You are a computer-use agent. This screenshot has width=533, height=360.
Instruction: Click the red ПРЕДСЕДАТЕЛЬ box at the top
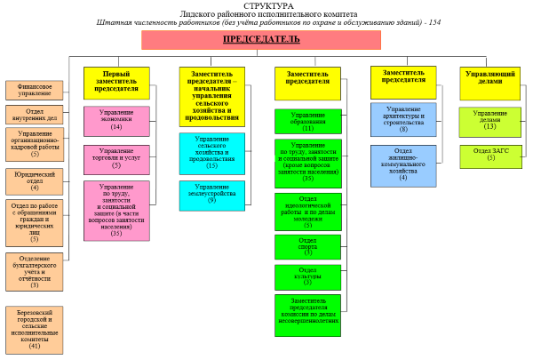[x=260, y=40]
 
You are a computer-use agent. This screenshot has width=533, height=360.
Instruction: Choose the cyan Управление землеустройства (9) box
[x=211, y=196]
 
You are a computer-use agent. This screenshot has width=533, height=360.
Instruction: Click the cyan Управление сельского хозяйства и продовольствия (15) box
[x=211, y=153]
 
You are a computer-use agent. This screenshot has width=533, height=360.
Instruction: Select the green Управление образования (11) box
[x=307, y=122]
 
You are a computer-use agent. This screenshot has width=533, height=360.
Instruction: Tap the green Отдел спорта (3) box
[x=307, y=245]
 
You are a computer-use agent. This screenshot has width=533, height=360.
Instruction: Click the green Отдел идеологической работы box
[x=307, y=212]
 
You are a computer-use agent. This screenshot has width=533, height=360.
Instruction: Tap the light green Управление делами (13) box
[x=489, y=120]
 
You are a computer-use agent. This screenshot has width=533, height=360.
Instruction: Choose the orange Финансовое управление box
[x=34, y=89]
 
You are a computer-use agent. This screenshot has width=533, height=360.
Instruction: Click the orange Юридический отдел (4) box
[x=35, y=180]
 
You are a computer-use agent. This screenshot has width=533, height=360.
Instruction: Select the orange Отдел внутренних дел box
[x=35, y=113]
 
